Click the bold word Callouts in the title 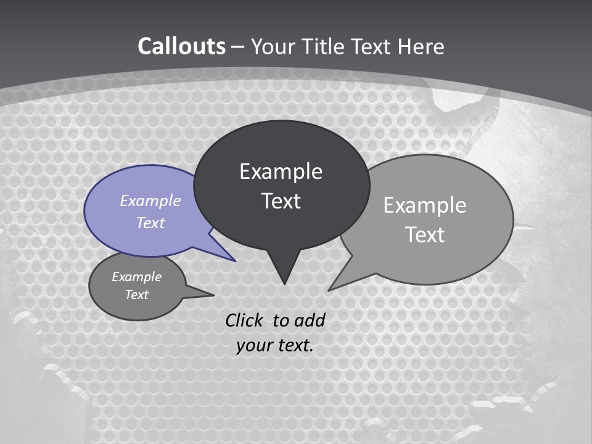[x=181, y=46]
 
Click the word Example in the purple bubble [x=150, y=200]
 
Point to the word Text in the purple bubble [x=150, y=223]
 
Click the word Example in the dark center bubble [x=281, y=171]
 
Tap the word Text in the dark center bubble [x=281, y=201]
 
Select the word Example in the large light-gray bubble [x=425, y=205]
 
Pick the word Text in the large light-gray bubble [x=425, y=235]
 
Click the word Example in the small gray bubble [x=136, y=277]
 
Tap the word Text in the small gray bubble [x=136, y=295]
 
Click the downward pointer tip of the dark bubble [x=284, y=283]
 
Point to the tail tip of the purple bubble [x=235, y=261]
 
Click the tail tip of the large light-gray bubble [x=330, y=289]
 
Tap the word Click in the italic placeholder [x=245, y=320]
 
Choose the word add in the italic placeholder [x=309, y=320]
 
